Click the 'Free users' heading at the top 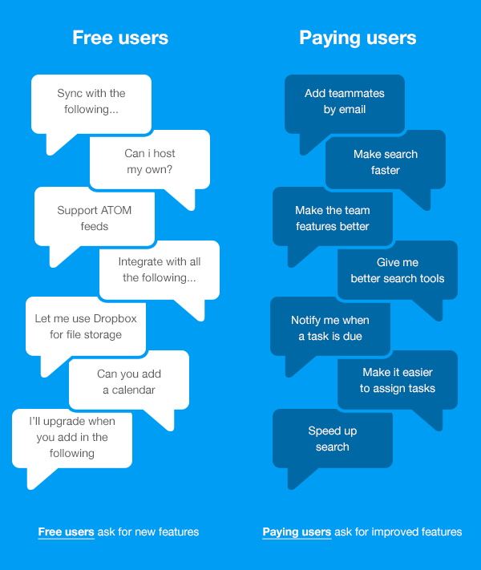coord(120,38)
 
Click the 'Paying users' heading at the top coord(358,38)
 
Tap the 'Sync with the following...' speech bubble coord(91,104)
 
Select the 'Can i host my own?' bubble coord(150,160)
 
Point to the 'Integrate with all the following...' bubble coord(160,270)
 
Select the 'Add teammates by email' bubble coord(345,104)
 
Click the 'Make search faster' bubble coord(386,160)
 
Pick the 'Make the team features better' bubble coord(333,217)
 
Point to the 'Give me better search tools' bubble coord(398,270)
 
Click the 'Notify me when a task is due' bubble coord(330,326)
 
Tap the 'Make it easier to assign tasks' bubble coord(398,380)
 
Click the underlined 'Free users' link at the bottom coord(67,532)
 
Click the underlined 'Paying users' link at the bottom coord(297,532)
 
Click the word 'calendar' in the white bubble coord(133,390)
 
